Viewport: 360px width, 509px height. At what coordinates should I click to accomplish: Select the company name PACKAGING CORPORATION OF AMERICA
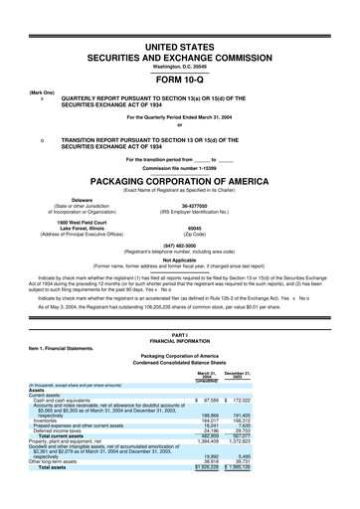point(180,182)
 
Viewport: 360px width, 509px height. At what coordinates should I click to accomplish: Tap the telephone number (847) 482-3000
point(180,247)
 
